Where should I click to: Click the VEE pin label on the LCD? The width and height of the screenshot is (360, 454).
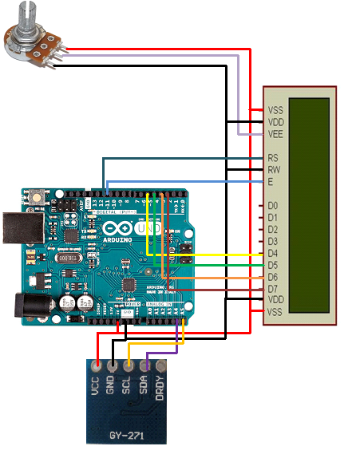click(x=275, y=134)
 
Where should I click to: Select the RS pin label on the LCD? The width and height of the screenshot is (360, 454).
click(x=273, y=158)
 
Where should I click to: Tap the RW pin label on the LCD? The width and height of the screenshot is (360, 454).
click(x=274, y=170)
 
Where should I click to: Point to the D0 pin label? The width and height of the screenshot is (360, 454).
click(x=273, y=206)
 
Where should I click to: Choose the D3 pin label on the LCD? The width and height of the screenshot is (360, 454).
click(x=273, y=241)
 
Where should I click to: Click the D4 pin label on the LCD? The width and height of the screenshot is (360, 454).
click(x=273, y=254)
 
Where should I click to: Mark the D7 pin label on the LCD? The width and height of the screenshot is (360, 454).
click(x=273, y=288)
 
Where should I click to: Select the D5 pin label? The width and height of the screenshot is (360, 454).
click(x=273, y=265)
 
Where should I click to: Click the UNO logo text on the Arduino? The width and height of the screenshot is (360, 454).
click(x=148, y=227)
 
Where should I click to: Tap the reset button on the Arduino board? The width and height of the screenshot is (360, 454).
click(x=36, y=197)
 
